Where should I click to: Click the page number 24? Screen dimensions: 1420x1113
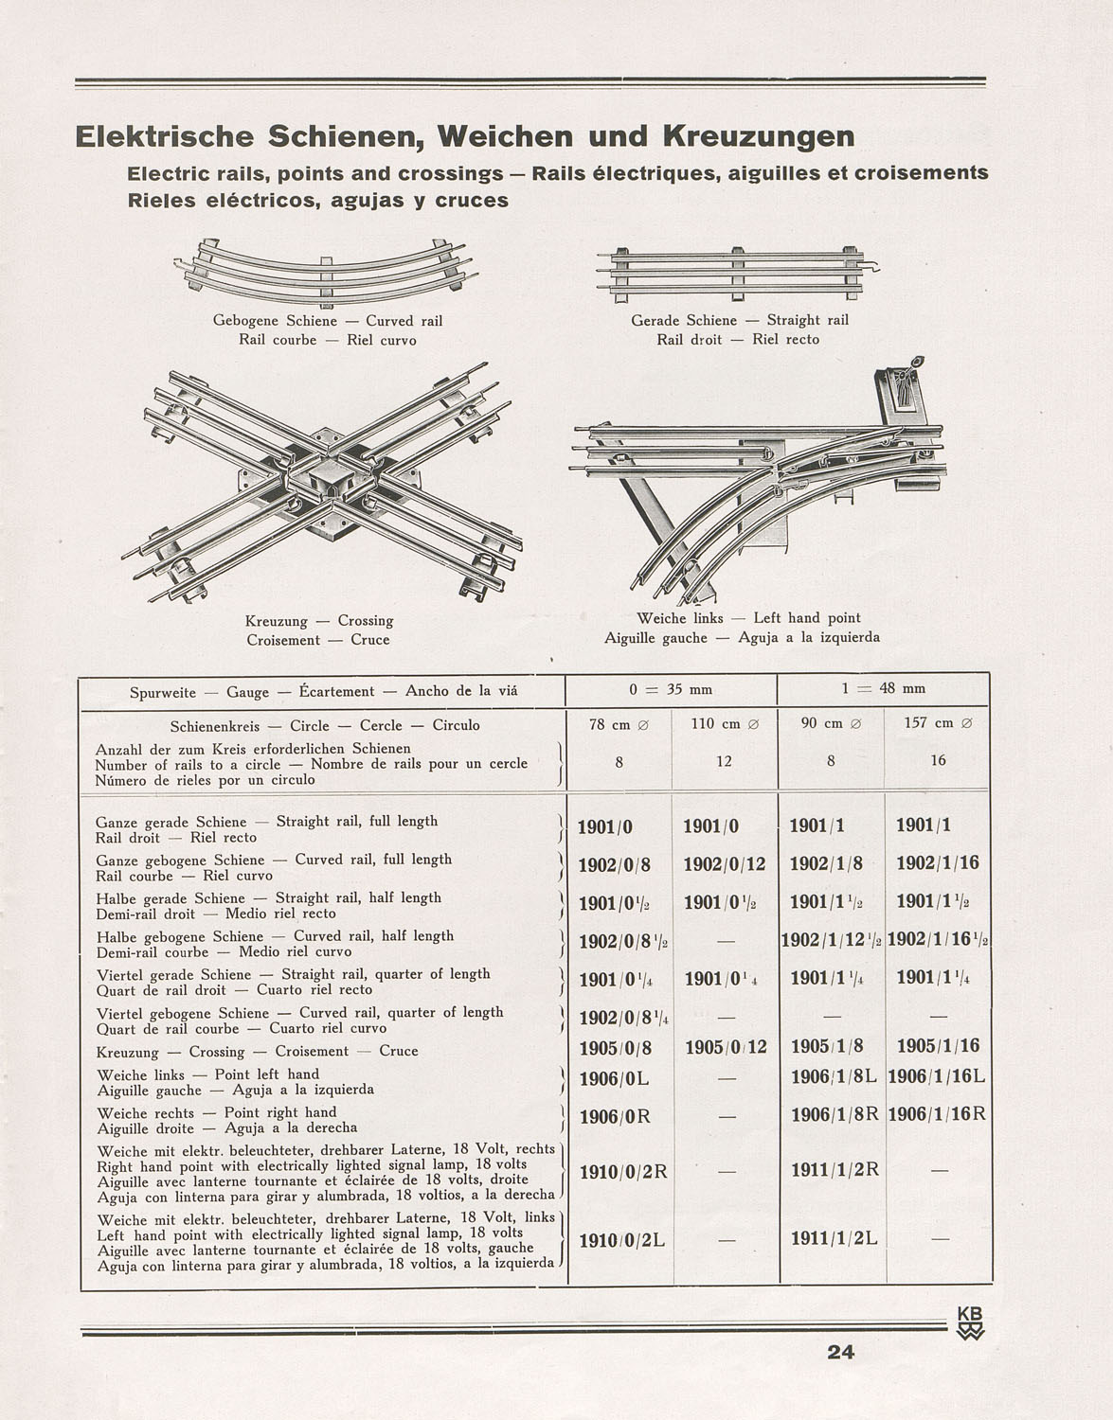[840, 1352]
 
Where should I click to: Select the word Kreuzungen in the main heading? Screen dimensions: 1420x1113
[757, 137]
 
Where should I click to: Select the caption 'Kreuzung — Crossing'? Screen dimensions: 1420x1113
[318, 621]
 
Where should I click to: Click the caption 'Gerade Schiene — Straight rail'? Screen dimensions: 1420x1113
[740, 321]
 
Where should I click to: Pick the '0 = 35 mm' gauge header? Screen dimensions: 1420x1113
[671, 688]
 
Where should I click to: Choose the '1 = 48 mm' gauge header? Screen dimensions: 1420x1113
[883, 688]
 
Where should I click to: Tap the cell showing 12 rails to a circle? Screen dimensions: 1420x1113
[724, 760]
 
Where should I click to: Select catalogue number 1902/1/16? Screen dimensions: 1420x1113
[937, 863]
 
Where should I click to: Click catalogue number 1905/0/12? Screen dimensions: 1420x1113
[724, 1047]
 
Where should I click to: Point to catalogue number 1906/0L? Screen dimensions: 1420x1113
[613, 1078]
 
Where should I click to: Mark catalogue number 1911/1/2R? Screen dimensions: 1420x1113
[835, 1170]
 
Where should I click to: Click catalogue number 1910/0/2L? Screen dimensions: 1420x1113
[622, 1239]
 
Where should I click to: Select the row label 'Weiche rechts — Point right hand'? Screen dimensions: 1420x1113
[217, 1112]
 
